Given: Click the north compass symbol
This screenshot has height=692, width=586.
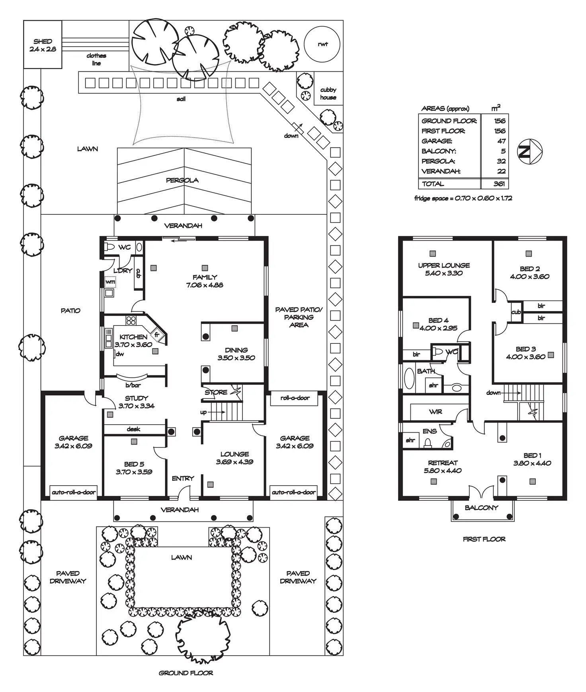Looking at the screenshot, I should point(529,151).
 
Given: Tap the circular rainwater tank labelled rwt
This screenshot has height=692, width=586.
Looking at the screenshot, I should point(322,44).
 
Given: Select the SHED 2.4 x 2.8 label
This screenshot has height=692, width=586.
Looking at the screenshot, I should point(43,45).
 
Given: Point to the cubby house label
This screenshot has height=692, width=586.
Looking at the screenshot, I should point(328,94).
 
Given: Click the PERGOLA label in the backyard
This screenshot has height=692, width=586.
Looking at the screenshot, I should point(182,180).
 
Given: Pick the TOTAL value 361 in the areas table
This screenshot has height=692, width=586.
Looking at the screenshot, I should point(499,184).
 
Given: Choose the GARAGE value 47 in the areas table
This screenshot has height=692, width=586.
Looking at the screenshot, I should point(501,141).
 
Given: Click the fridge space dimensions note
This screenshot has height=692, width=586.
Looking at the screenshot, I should point(463,198).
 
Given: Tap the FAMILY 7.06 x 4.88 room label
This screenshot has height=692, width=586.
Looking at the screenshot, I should point(205,281).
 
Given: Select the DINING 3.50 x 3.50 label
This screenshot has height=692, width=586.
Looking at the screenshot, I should point(236,354).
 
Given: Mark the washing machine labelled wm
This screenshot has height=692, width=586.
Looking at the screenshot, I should point(110,282).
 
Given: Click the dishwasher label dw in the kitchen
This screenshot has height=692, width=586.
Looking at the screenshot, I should point(120,354).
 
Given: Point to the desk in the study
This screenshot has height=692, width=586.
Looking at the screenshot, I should point(133,429).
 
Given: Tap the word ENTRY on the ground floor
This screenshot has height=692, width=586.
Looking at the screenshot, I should point(183,478).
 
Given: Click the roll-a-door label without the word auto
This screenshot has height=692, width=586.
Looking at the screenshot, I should point(295,398).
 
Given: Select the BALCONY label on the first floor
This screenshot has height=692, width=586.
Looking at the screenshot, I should point(481,508).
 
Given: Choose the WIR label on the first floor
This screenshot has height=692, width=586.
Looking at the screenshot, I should point(436,412).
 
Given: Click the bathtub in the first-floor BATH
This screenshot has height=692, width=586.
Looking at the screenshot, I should point(409,378).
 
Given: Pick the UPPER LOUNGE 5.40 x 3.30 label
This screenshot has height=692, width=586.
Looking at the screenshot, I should point(444,269).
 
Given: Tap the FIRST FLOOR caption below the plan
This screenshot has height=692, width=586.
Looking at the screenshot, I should point(484,539).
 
